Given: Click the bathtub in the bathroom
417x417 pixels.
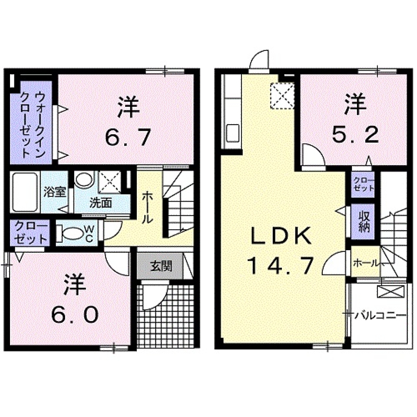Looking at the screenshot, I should [x=25, y=192].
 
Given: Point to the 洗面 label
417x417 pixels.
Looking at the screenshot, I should [x=101, y=202].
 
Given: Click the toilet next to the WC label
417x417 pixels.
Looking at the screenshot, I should [x=70, y=234].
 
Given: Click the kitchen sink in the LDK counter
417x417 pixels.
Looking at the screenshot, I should [x=232, y=132].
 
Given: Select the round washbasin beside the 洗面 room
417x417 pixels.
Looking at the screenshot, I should [x=83, y=180].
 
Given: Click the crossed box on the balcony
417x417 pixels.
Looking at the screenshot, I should [x=391, y=291].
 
